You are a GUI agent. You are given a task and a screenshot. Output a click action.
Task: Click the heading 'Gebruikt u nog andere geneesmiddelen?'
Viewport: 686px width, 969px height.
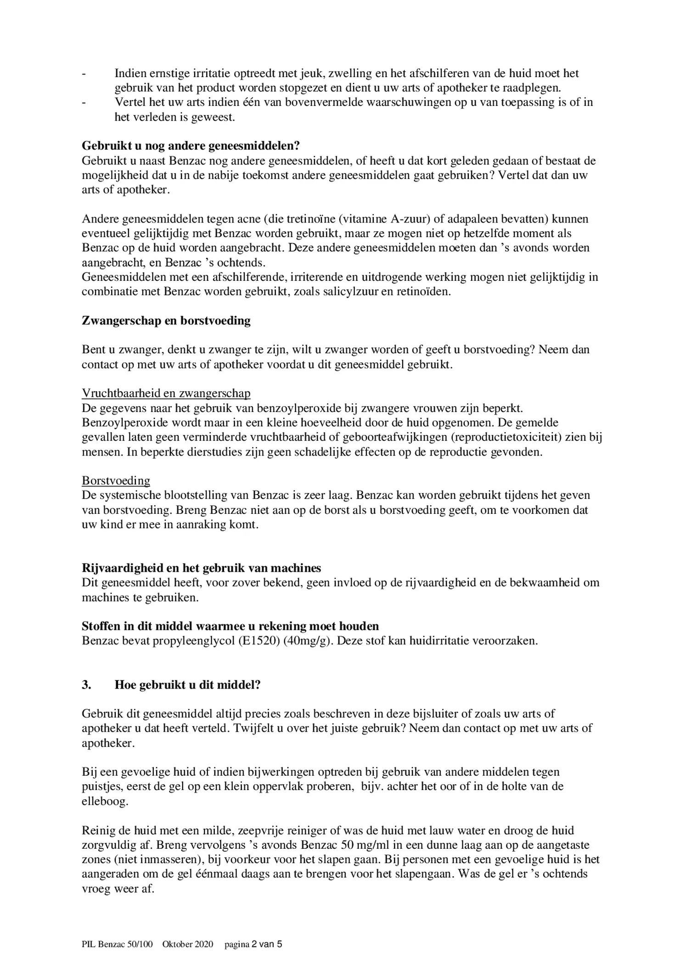[191, 146]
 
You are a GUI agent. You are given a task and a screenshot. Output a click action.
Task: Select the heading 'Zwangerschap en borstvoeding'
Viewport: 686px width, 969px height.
[166, 321]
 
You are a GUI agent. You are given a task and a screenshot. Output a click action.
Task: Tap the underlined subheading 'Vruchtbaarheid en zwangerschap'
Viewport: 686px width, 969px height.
[166, 393]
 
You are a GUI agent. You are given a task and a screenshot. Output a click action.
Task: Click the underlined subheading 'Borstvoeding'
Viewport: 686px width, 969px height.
[116, 480]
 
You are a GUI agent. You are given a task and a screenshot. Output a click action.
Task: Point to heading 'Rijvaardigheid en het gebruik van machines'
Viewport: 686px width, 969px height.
[201, 568]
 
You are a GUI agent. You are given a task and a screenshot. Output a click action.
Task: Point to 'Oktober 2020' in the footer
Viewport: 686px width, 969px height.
[188, 944]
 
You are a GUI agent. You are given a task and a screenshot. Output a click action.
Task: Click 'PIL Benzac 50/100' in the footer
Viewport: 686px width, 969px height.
[117, 944]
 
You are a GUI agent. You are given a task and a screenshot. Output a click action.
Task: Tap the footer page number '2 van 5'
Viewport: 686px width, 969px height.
[267, 944]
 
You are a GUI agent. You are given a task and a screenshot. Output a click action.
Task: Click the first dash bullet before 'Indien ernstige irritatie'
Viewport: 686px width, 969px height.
[84, 73]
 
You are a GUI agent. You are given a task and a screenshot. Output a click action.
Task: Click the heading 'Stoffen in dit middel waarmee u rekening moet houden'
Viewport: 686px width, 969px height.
[230, 626]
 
